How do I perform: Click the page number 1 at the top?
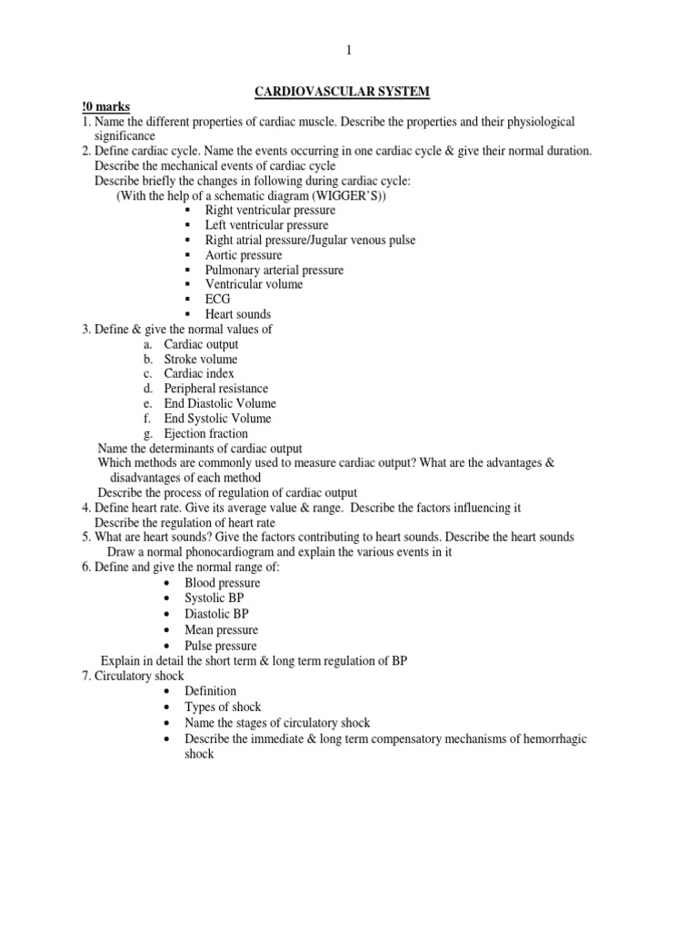click(348, 52)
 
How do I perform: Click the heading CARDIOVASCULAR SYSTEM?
click(348, 92)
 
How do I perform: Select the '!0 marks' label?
click(105, 107)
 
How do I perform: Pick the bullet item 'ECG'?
click(218, 299)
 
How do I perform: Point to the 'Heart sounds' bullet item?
click(237, 314)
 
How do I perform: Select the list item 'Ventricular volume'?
click(254, 284)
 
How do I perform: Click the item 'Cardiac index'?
click(199, 373)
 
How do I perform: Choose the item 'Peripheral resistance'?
click(215, 389)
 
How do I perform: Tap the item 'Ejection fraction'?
click(204, 433)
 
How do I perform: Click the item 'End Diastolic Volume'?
click(219, 403)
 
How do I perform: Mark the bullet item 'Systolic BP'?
click(214, 599)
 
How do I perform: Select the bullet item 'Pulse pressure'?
click(221, 646)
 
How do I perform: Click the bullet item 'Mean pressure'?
click(221, 630)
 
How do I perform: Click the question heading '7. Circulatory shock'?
click(132, 676)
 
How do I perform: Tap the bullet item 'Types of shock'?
click(223, 707)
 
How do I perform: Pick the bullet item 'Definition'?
click(210, 691)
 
